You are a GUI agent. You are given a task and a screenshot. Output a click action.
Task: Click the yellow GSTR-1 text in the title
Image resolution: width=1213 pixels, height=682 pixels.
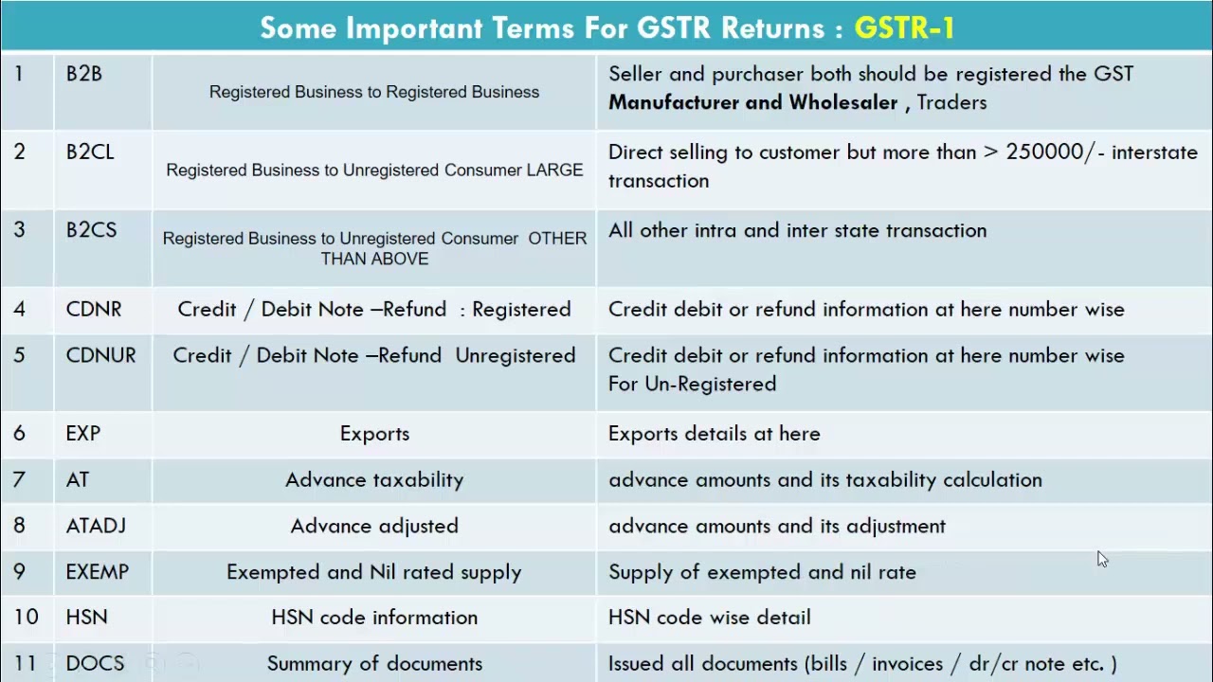click(x=904, y=28)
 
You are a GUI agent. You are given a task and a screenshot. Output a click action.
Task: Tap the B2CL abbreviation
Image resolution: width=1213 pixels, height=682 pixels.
click(x=90, y=153)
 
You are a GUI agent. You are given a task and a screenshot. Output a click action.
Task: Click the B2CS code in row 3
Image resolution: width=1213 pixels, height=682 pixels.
click(x=91, y=230)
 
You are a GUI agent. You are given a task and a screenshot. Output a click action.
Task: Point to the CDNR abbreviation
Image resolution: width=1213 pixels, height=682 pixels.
click(x=94, y=309)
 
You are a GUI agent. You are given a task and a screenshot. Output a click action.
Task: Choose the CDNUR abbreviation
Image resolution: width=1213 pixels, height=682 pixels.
click(x=100, y=355)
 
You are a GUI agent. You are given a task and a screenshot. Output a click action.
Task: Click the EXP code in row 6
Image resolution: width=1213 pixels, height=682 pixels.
click(x=82, y=433)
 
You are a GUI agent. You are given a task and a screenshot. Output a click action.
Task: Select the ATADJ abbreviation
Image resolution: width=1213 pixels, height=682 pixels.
click(x=96, y=526)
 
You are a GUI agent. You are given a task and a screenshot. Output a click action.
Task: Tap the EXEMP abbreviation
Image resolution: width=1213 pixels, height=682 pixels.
click(x=98, y=571)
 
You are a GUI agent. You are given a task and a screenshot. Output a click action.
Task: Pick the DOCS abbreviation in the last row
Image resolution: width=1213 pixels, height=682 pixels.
click(x=95, y=663)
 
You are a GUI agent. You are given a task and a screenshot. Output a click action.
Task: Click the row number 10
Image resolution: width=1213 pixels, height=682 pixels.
click(x=26, y=617)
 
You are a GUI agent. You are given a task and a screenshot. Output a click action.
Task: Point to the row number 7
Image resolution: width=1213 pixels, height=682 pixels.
click(x=20, y=479)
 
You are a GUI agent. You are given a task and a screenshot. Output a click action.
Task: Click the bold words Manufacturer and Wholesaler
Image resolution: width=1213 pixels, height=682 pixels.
click(x=753, y=102)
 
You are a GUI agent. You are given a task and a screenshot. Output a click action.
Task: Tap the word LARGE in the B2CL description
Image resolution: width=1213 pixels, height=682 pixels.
click(x=554, y=170)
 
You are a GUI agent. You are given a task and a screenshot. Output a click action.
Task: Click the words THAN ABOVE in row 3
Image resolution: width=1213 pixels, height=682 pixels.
click(x=374, y=260)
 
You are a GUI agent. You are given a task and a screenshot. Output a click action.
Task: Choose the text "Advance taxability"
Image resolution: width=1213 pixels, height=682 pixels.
click(x=374, y=480)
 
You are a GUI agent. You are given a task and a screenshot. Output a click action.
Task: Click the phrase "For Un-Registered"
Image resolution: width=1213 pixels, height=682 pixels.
click(x=693, y=384)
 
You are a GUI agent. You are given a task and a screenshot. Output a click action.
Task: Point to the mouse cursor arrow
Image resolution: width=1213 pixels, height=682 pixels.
click(x=1102, y=559)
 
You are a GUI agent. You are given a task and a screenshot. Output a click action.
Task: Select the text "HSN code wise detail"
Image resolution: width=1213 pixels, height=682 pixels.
click(x=710, y=617)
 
